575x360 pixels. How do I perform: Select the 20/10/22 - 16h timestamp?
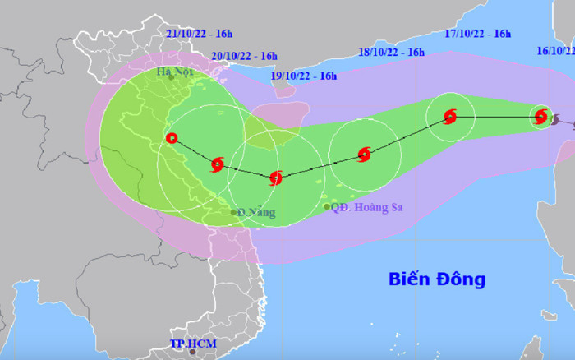(244, 56)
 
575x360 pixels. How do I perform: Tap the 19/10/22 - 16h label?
(304, 76)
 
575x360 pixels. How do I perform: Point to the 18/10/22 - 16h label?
(392, 53)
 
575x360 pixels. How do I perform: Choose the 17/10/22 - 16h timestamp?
(478, 34)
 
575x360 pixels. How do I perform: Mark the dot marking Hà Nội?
(171, 78)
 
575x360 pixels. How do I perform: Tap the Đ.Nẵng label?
(258, 212)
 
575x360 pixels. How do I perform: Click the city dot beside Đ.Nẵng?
(234, 213)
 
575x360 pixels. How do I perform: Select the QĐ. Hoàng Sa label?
(369, 207)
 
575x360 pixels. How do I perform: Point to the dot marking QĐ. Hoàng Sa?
(327, 206)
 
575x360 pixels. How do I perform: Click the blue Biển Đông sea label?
(437, 279)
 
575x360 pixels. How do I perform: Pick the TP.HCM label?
(190, 343)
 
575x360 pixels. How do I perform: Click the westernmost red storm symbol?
(171, 138)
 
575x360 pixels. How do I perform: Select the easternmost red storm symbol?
(540, 117)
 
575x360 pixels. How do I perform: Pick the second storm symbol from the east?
(449, 117)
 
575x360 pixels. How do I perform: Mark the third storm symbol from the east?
(364, 154)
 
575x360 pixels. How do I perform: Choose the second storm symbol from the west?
(217, 164)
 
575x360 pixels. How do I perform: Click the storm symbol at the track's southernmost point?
(276, 177)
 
